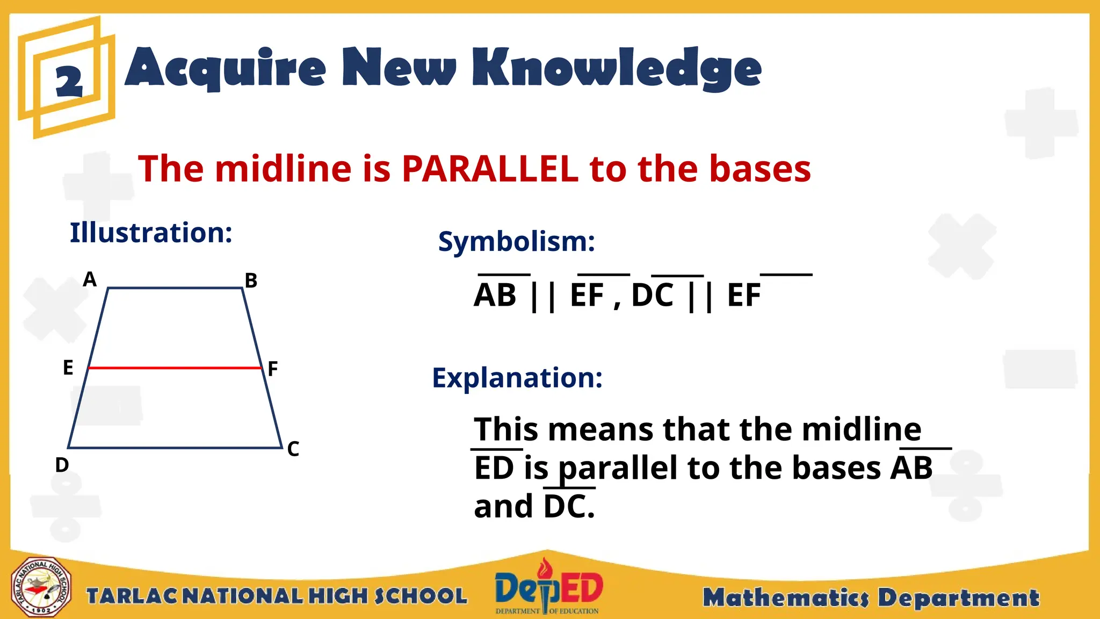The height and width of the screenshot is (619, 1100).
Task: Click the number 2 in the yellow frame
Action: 69,82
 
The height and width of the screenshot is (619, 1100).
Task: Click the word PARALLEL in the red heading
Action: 489,169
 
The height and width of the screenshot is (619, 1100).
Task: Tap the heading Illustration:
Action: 151,233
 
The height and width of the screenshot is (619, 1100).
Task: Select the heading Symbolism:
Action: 516,241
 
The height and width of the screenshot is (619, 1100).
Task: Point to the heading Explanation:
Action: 517,378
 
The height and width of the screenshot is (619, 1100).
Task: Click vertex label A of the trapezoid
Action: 90,279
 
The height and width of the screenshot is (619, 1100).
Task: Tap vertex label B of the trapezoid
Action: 251,280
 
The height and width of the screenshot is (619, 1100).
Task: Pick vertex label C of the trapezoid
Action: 293,449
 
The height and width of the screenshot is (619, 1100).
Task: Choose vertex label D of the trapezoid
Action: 62,465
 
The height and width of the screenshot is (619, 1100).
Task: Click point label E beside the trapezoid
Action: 68,368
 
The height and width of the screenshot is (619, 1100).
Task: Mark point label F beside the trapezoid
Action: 273,369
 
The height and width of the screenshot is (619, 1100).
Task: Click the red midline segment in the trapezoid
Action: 175,368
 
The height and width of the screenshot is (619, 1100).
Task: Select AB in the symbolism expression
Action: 495,295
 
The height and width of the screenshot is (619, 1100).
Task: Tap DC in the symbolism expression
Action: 652,295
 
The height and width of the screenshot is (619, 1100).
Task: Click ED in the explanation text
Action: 494,468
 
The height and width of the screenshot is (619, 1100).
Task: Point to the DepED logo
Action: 548,587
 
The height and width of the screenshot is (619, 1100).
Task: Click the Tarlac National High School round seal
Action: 41,587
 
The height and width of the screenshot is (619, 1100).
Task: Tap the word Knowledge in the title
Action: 617,69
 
